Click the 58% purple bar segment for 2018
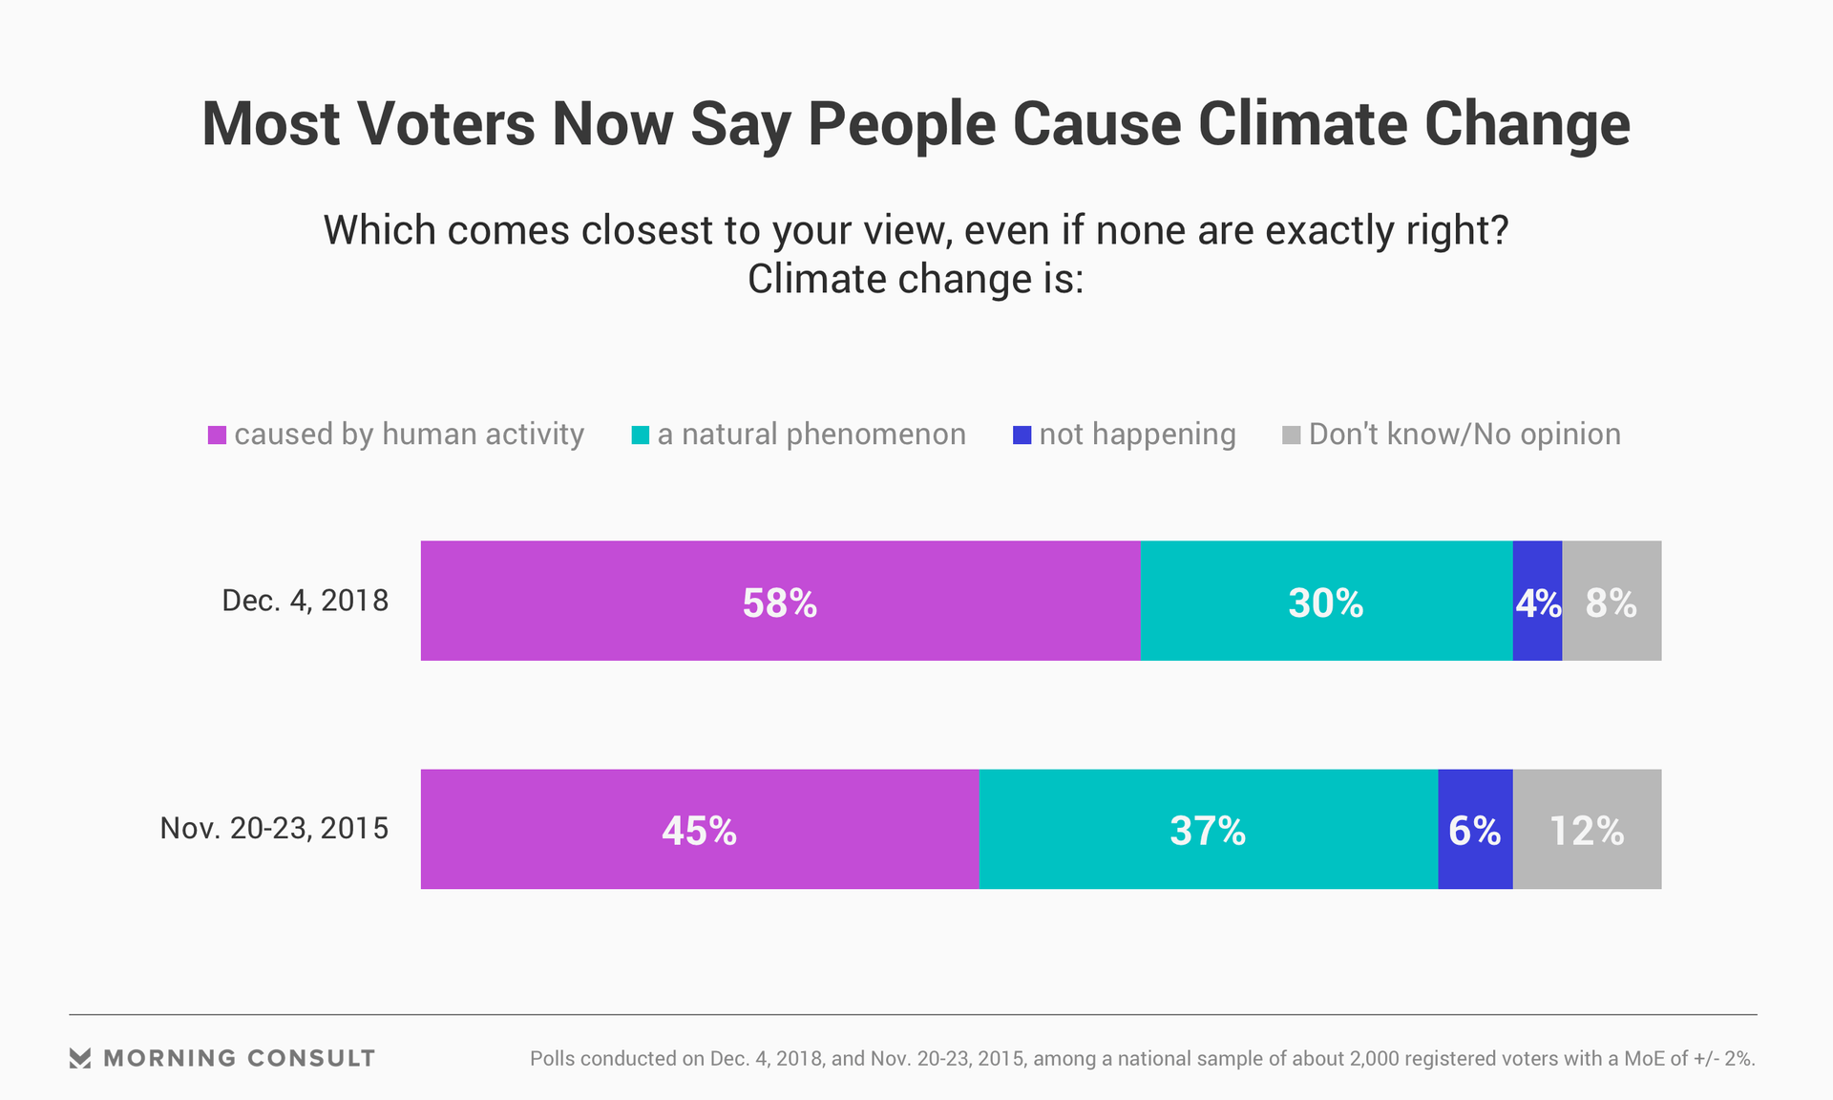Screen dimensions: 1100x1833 tap(780, 601)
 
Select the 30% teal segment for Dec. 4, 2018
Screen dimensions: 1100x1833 tap(1326, 601)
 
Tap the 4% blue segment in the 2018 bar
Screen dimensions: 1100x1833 tap(1537, 601)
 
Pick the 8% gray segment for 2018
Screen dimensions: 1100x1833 tap(1612, 601)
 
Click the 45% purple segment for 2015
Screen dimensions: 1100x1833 tap(699, 829)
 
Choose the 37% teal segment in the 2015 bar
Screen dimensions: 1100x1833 tap(1208, 829)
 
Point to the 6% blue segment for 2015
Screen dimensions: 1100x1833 tap(1475, 829)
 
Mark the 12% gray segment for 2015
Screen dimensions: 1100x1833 tap(1587, 829)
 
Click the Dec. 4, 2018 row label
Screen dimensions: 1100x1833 tap(305, 601)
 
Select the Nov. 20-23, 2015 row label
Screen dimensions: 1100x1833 tap(274, 828)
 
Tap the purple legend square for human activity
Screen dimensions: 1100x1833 tap(217, 435)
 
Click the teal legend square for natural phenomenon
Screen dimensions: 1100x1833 tap(640, 435)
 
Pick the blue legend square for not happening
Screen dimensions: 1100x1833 tap(1022, 435)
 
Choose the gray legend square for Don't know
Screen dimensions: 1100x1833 tap(1291, 435)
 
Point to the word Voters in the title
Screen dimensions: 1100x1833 tap(445, 125)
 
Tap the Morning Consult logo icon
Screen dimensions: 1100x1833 tap(80, 1058)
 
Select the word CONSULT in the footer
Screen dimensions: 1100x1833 tap(310, 1058)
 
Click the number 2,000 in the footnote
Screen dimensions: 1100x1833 tap(1377, 1058)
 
